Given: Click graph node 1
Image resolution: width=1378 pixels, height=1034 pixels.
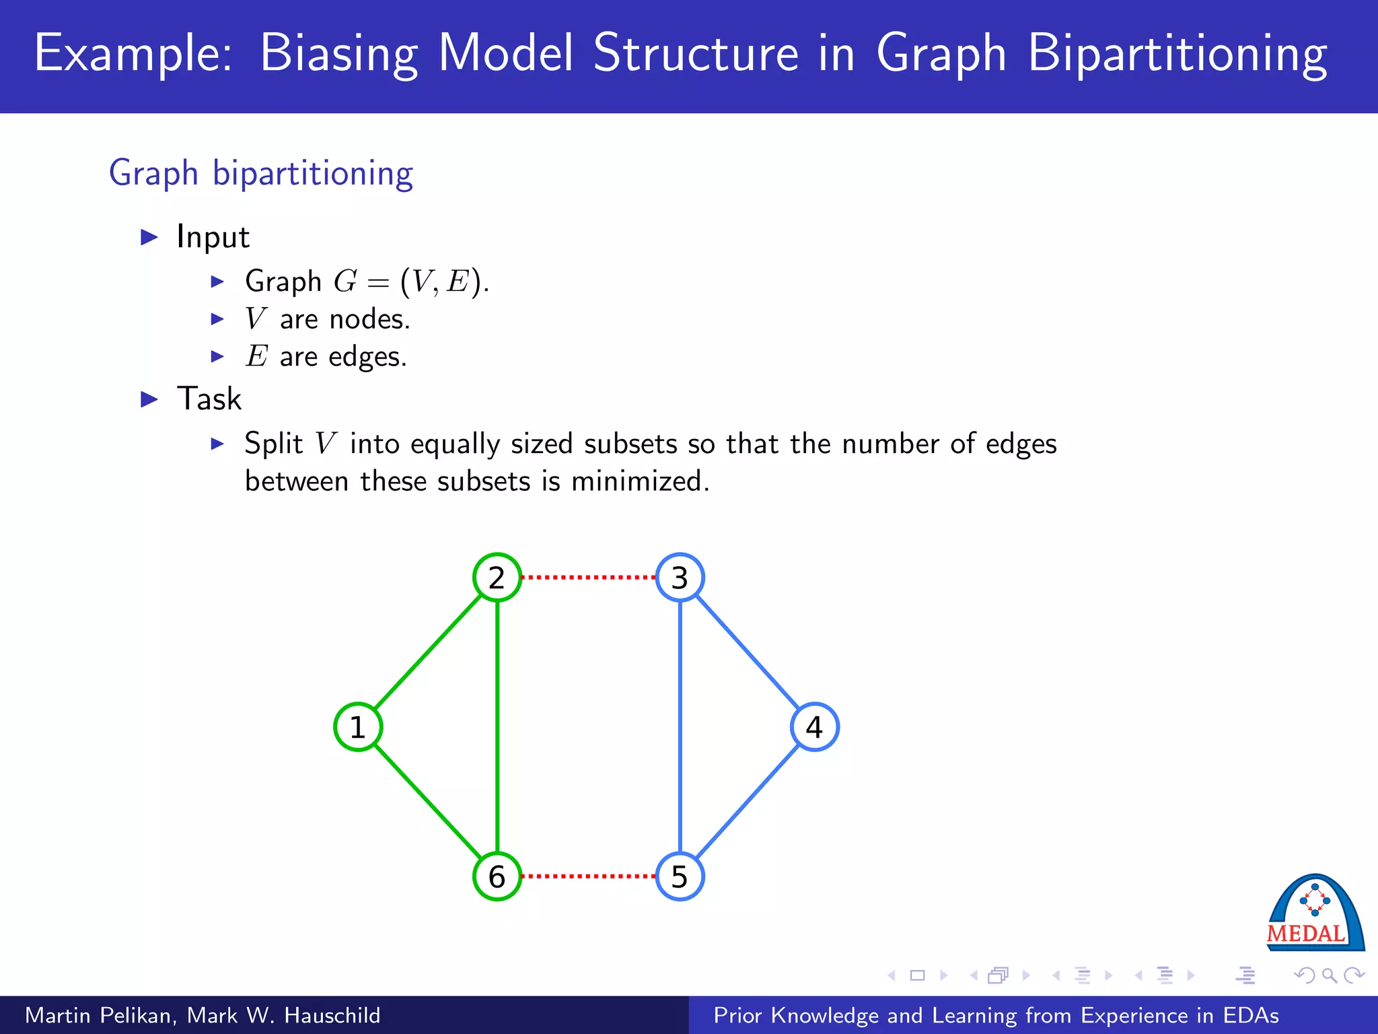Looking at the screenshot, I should coord(358,727).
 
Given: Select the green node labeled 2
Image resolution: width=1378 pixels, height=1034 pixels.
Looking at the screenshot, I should coord(497,578).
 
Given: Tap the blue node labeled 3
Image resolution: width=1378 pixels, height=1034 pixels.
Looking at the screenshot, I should coord(680,578).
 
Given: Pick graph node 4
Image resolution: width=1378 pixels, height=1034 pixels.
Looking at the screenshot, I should coord(814,727).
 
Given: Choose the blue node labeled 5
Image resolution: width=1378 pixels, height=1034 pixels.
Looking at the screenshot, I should coord(680,876).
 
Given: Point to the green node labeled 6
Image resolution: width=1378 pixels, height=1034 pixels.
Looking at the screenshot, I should coord(497,876).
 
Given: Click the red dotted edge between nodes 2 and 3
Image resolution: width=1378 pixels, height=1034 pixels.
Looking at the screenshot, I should coord(589,578).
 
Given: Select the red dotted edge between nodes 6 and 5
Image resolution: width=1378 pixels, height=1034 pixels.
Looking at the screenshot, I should coord(589,876).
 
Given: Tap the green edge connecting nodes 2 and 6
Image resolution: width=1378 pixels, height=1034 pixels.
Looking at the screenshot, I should coord(497,727).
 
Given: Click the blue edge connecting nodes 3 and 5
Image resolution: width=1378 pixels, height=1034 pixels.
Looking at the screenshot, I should coord(680,727).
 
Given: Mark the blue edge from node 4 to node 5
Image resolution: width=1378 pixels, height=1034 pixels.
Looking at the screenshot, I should coord(747,802).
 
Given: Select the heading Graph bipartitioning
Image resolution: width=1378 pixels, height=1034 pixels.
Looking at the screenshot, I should coord(261,174).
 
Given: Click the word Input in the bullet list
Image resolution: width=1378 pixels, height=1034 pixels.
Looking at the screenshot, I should coord(213,237).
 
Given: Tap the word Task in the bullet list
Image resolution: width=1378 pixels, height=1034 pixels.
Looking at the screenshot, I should coord(209,399).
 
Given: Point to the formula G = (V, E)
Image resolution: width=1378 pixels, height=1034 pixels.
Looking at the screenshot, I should coord(410,281).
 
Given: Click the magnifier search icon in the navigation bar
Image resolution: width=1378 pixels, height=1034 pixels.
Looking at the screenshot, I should coord(1329,975).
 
